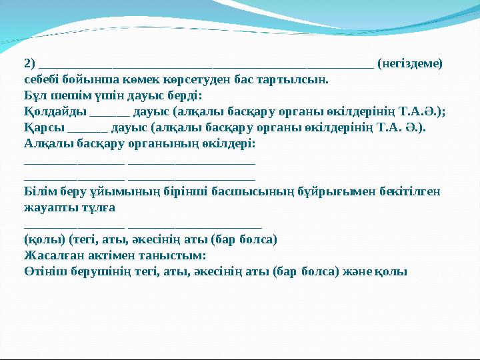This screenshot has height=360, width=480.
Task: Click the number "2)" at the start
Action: [x=29, y=64]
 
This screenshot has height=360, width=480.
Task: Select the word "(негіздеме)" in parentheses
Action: [x=409, y=64]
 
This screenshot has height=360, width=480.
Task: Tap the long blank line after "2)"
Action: [x=206, y=66]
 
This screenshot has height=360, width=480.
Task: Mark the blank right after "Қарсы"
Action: [x=87, y=130]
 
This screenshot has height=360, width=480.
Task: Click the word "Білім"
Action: [x=39, y=192]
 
